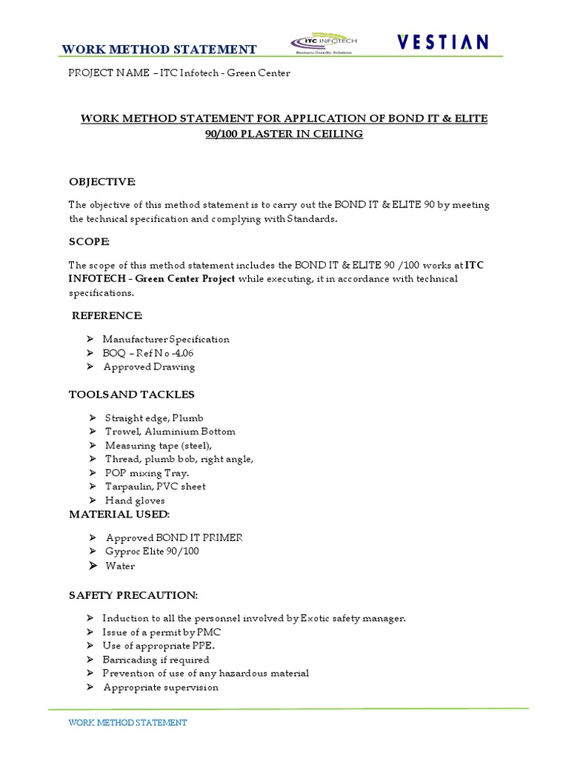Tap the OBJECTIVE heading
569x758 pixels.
102,182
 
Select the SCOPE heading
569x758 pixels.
90,242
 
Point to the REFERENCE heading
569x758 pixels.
107,316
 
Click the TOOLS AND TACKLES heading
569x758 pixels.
132,395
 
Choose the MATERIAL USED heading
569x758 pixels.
119,514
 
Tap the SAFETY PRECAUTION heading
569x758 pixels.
133,595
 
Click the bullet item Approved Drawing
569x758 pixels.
149,366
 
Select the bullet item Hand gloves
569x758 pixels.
135,500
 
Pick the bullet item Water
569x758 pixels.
120,566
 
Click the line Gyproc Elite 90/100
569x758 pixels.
152,551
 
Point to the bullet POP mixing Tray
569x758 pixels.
147,473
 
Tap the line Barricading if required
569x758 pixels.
156,660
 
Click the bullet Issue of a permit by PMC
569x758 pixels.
162,632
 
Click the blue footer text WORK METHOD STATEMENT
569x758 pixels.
127,722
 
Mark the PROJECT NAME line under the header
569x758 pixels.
179,73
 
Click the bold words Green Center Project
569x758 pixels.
190,279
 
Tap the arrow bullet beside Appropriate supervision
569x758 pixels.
89,687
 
